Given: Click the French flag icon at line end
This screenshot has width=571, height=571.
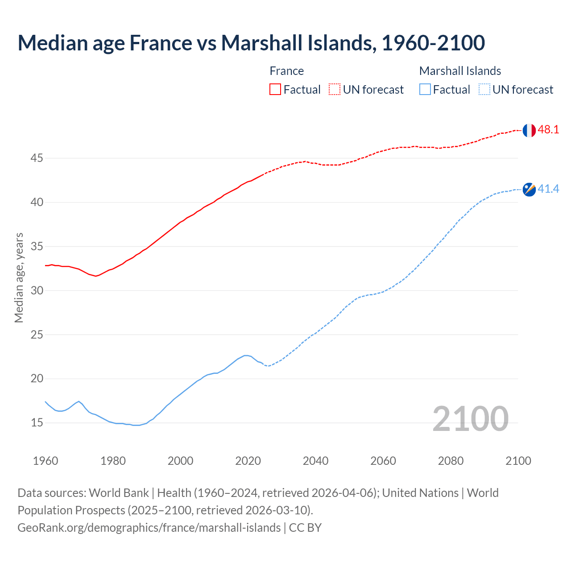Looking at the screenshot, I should click(529, 130).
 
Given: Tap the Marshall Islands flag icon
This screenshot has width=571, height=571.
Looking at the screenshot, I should click(529, 190).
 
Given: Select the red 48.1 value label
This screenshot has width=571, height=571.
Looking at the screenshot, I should click(548, 130).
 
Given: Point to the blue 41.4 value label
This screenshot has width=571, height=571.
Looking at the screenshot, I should click(548, 189).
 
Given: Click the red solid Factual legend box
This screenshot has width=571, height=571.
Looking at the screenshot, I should click(275, 90).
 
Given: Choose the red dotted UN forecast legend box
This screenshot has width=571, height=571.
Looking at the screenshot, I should click(335, 90).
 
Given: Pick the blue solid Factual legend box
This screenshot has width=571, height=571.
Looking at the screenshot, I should click(425, 90).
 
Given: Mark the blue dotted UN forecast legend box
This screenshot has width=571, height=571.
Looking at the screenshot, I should click(484, 90).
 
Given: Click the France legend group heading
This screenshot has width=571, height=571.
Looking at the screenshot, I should click(286, 71).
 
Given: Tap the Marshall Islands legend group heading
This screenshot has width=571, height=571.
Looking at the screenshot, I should click(460, 71).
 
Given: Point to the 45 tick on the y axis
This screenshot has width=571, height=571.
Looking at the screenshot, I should click(37, 158).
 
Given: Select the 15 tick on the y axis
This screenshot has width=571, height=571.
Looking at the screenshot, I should click(37, 423).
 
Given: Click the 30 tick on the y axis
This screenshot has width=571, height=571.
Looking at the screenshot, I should click(37, 290).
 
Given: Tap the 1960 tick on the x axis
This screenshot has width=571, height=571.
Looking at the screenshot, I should click(46, 461).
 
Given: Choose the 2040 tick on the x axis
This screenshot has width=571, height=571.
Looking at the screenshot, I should click(315, 461).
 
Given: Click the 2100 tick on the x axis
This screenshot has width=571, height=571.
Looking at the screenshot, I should click(518, 461).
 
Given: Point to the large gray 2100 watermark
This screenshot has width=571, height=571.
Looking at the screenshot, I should click(470, 418).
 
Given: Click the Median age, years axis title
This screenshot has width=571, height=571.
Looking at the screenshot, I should click(19, 277).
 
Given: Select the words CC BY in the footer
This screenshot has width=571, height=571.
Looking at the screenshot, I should click(305, 528).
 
